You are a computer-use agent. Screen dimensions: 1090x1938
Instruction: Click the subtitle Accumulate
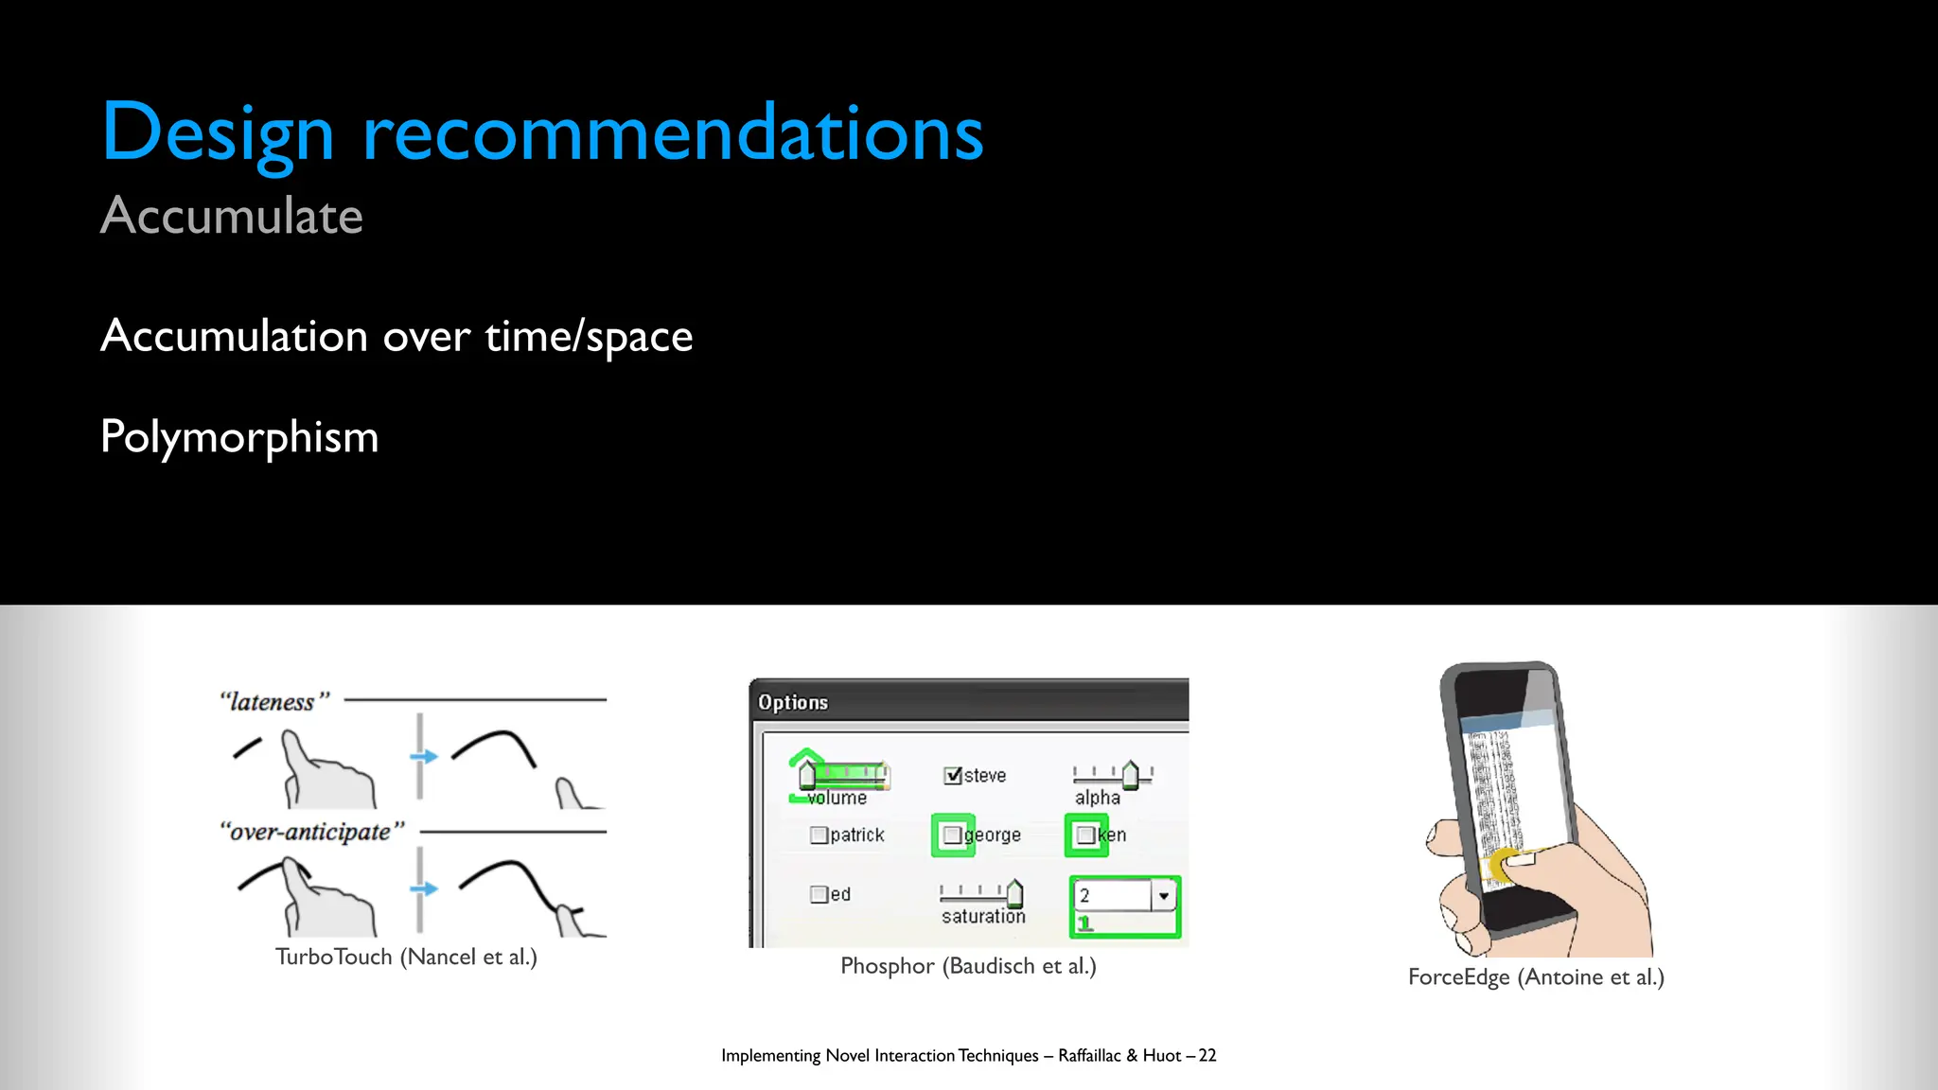232,216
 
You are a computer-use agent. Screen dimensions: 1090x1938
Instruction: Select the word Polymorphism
239,437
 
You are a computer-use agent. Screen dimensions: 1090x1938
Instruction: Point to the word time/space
589,338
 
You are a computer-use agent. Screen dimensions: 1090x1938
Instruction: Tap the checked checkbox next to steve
953,776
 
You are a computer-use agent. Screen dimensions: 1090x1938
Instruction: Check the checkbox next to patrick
819,835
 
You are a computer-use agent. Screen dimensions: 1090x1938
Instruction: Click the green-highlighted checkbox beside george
953,835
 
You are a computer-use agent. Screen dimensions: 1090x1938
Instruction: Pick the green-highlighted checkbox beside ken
1086,835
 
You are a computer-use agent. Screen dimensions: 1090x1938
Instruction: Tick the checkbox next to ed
819,894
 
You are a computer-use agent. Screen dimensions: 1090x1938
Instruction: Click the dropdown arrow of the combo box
1164,895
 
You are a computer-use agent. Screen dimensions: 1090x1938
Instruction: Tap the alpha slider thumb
1130,775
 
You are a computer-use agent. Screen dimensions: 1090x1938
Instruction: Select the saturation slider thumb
1014,892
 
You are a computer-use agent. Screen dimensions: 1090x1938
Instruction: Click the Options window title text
793,702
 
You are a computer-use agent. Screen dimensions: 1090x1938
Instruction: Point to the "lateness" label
274,702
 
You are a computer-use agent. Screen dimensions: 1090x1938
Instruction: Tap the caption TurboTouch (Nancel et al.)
406,958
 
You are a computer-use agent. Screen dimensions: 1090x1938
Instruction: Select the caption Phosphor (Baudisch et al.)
968,966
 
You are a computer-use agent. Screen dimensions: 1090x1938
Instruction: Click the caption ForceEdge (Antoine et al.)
1536,977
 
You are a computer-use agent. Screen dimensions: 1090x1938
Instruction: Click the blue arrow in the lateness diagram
424,757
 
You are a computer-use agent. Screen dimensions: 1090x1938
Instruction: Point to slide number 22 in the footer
1207,1056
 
